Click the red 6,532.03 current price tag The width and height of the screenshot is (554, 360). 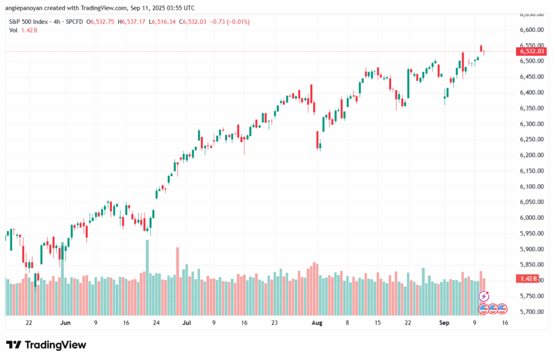tap(532, 51)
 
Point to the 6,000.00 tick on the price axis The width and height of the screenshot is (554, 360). tap(531, 218)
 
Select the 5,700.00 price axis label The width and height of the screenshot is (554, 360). tap(531, 312)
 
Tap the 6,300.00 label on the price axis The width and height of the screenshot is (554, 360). tap(531, 124)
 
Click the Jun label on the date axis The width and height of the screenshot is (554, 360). tap(65, 323)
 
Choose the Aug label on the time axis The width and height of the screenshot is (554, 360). tap(317, 323)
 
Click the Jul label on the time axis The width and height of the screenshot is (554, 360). tap(187, 323)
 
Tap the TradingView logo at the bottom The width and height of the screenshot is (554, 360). tap(47, 345)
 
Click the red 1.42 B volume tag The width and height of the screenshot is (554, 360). tap(527, 279)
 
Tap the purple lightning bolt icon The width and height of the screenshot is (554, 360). tap(484, 296)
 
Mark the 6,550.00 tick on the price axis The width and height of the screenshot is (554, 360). tap(531, 45)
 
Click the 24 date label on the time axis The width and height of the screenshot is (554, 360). tap(156, 323)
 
